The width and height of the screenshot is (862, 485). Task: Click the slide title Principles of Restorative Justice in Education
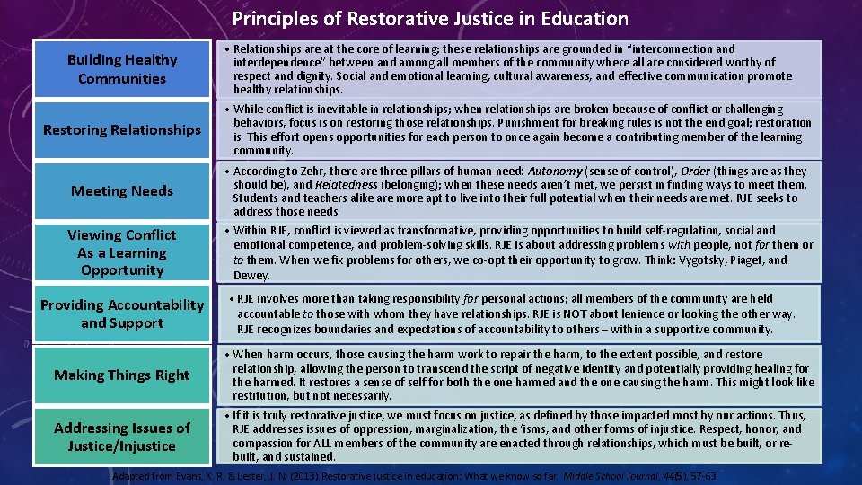tap(430, 18)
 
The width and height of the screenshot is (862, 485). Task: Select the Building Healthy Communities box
tap(122, 69)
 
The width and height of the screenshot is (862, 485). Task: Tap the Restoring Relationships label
tap(122, 130)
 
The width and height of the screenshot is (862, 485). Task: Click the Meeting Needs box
tap(122, 190)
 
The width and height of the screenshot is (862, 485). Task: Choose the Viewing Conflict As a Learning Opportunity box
tap(122, 252)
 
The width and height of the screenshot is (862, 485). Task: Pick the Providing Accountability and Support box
tap(122, 313)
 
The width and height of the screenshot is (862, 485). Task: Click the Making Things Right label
tap(122, 375)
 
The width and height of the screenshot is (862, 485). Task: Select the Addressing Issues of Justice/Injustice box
tap(122, 436)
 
